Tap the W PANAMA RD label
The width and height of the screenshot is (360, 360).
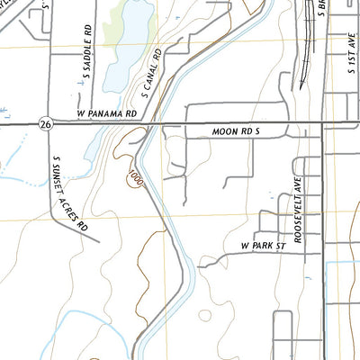click(106, 114)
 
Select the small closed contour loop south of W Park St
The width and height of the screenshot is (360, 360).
click(205, 316)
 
